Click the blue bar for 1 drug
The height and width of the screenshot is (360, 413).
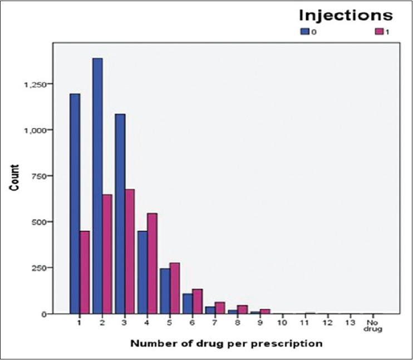[x=75, y=204]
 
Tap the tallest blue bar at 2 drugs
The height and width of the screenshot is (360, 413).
[x=97, y=186]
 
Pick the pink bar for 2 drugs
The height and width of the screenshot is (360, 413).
[x=107, y=254]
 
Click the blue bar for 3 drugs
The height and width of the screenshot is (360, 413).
[x=120, y=214]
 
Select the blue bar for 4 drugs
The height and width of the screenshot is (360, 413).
[x=142, y=272]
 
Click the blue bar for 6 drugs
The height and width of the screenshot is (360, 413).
[x=187, y=304]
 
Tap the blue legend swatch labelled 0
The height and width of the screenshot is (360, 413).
[x=304, y=32]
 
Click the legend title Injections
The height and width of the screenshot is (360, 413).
[x=345, y=14]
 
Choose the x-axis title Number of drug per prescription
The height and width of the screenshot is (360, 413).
[x=227, y=343]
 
